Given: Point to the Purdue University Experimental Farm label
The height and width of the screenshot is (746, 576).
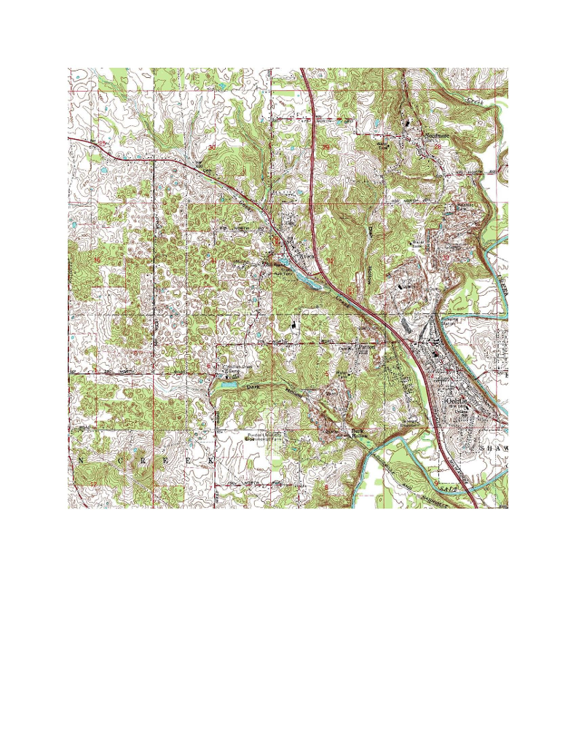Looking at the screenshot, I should coord(267,437).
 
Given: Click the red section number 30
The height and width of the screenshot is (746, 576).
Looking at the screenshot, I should coord(212,148).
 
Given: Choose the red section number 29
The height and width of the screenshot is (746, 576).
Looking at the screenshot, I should coord(326,148).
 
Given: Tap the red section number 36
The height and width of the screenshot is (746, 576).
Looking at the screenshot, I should coord(98,260).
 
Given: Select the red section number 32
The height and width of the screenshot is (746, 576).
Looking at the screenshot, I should coord(330,260).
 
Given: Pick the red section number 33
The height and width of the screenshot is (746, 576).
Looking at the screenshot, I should coord(446,256).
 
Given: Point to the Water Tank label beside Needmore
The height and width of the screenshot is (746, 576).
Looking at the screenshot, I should coord(382,145).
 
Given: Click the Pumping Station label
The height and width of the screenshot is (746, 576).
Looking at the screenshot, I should coord(449,321).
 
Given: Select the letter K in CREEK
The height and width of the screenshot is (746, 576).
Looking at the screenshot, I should coord(212,462).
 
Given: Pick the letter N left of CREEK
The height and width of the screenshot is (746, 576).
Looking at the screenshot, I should coord(80,462).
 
